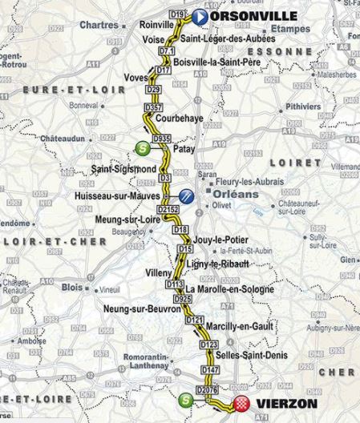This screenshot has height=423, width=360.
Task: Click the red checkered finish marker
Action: click(241, 404)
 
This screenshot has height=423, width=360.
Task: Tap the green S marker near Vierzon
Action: click(186, 400)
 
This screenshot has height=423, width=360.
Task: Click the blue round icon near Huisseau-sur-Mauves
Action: click(186, 195)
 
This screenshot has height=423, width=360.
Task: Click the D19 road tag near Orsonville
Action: click(178, 15)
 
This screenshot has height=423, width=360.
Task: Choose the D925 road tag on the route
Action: click(184, 298)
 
